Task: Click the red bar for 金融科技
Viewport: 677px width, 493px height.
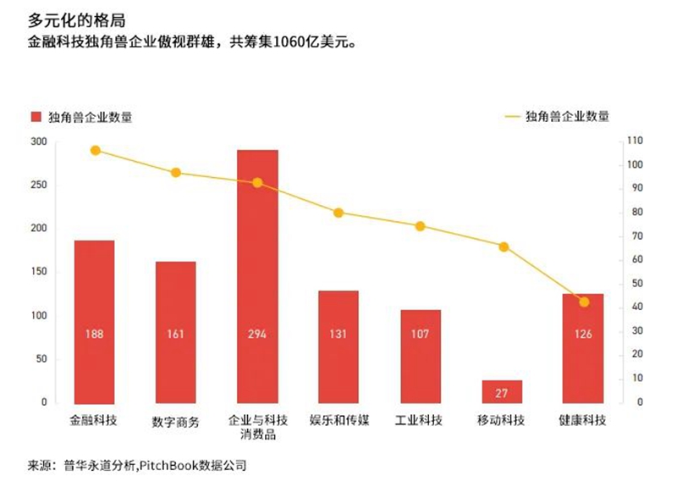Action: tap(94, 322)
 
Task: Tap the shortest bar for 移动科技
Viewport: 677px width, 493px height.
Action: tap(502, 391)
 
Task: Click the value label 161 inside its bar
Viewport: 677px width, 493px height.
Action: tap(175, 334)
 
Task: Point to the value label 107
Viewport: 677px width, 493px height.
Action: tap(421, 334)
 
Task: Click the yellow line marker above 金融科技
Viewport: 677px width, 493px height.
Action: tap(95, 151)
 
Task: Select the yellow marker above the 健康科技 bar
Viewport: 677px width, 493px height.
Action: tap(583, 302)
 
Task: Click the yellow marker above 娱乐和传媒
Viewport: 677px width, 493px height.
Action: tap(338, 213)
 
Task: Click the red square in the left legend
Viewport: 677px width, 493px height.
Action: tap(36, 117)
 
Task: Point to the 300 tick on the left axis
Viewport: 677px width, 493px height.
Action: tap(38, 141)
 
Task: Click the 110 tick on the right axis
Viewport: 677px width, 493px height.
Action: tap(635, 141)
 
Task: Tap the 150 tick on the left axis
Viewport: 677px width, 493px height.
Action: tap(38, 272)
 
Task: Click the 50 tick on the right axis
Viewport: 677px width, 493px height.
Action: tap(632, 283)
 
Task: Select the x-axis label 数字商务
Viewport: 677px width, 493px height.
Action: tap(175, 421)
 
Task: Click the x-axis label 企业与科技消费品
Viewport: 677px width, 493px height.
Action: tap(257, 428)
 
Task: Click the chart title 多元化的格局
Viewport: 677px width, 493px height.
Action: tap(71, 18)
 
